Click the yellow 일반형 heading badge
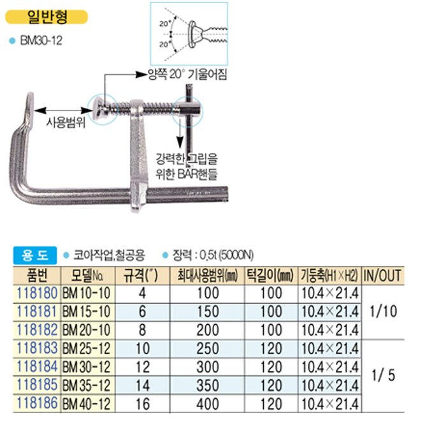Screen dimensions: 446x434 (x=47, y=17)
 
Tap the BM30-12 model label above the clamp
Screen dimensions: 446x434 (x=41, y=40)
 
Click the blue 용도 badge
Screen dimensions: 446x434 (x=35, y=255)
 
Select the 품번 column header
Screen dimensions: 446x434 (x=37, y=276)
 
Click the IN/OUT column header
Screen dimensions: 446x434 (x=382, y=276)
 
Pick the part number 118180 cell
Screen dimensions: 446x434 (x=37, y=293)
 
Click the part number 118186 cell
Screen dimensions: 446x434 (x=37, y=403)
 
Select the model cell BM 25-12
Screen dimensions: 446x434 (x=87, y=348)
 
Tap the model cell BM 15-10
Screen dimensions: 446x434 (x=87, y=311)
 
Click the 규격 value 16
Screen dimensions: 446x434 (x=143, y=404)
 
